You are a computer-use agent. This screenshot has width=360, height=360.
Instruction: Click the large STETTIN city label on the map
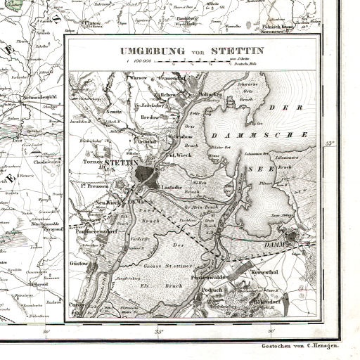[x=119, y=162]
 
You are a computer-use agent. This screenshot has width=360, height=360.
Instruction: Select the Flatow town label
[x=92, y=23]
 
